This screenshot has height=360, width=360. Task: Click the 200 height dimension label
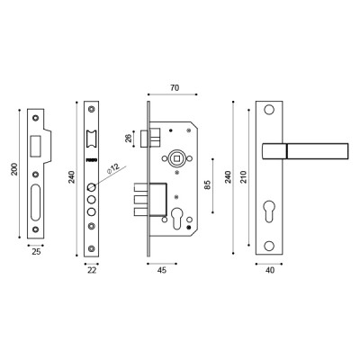tap(13, 169)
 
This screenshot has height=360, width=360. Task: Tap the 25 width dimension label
tap(35, 253)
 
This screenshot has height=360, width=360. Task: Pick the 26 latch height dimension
tap(129, 138)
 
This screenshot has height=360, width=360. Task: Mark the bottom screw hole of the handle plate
tap(269, 245)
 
